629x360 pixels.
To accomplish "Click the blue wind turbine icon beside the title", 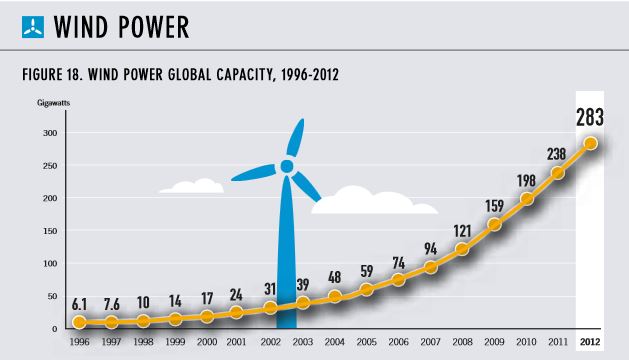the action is tap(33, 27).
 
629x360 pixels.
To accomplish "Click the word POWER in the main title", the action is tap(154, 27).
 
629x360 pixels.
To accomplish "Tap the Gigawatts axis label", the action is tap(53, 103).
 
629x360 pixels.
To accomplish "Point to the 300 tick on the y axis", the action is tap(50, 133).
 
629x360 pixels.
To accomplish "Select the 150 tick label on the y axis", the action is tap(50, 231).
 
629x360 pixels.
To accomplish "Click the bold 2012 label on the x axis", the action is tap(590, 342).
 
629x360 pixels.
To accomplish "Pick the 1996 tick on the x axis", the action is tap(79, 342).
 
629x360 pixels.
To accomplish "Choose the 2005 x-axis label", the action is tap(367, 342).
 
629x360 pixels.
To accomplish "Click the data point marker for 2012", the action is tap(590, 143).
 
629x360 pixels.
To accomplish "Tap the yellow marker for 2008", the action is tap(462, 249).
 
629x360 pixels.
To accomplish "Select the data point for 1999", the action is tap(175, 319).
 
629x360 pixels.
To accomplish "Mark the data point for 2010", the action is tap(527, 199).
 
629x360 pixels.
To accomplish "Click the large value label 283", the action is tap(590, 117).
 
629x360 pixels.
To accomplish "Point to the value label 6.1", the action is tap(79, 305).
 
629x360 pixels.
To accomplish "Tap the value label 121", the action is tap(462, 231).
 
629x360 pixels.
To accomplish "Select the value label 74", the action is tap(398, 263).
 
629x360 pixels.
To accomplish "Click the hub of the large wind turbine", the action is tap(287, 166).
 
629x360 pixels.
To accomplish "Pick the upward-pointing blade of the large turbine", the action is tap(296, 137).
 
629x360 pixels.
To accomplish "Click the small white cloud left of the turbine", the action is tap(192, 186).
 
